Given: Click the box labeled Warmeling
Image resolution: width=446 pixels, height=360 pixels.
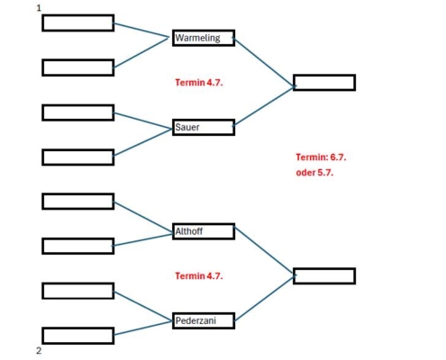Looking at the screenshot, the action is tap(204, 38).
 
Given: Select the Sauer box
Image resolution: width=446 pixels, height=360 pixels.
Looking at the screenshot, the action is tap(204, 127).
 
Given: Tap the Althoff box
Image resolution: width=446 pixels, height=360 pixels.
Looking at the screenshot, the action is tap(204, 231).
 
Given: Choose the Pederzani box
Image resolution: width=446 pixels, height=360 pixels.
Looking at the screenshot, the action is tap(204, 320).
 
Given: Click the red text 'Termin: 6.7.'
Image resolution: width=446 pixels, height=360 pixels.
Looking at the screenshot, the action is tap(321, 157).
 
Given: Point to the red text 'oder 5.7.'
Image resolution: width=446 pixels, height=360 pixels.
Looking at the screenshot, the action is tap(314, 173).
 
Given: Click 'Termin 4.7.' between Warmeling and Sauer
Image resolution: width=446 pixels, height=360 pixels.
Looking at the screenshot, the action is tap(199, 83).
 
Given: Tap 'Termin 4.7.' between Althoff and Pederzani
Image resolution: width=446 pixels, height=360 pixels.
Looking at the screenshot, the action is tap(199, 276).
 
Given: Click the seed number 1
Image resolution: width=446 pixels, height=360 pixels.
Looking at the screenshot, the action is tap(39, 8).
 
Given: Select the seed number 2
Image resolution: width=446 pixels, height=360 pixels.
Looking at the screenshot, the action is tap(39, 351).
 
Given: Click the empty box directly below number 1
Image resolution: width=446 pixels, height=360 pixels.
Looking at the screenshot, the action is tap(78, 22).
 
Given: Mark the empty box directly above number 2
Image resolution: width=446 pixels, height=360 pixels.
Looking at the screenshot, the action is tap(78, 336).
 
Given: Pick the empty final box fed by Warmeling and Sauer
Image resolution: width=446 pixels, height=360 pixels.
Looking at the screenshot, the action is tap(324, 83).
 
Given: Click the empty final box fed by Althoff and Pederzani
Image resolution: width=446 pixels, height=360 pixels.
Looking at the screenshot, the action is tap(324, 276).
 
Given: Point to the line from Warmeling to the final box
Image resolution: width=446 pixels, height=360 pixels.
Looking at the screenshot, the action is tap(264, 62).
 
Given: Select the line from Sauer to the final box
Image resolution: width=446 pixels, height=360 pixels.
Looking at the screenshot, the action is tap(264, 106).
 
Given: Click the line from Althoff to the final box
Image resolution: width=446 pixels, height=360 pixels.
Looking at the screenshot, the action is tap(264, 250).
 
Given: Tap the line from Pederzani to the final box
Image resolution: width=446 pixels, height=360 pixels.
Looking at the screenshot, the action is tap(264, 298).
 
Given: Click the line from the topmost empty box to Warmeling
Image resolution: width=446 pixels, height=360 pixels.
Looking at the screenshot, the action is tap(141, 31).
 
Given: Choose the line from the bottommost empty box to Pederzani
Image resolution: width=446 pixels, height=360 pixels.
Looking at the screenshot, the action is tap(142, 328).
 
